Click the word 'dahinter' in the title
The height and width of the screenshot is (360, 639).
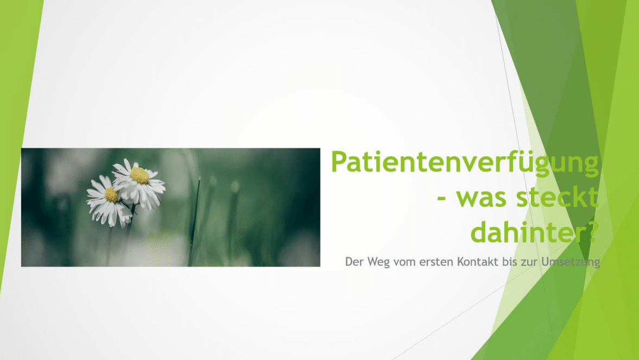click(x=524, y=232)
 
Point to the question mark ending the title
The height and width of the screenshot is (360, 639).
click(x=588, y=232)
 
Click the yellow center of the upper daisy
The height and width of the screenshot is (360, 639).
click(x=140, y=175)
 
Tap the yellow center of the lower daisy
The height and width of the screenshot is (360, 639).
click(x=112, y=194)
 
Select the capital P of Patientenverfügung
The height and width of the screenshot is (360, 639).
click(x=340, y=162)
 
